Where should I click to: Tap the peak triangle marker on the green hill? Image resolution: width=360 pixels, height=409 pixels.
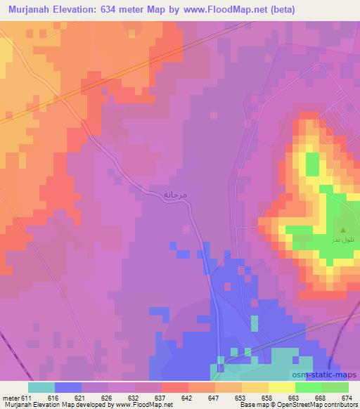(343, 230)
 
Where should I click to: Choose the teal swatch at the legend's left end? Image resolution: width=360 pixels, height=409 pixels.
(41, 387)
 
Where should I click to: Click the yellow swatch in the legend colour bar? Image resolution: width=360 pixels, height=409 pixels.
(282, 387)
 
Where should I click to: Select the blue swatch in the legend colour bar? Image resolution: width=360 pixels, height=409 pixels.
(67, 387)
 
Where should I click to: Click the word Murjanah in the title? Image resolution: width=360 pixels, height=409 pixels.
(27, 9)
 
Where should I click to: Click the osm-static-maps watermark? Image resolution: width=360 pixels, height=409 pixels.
(330, 375)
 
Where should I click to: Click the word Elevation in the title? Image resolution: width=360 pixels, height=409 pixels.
(79, 9)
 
